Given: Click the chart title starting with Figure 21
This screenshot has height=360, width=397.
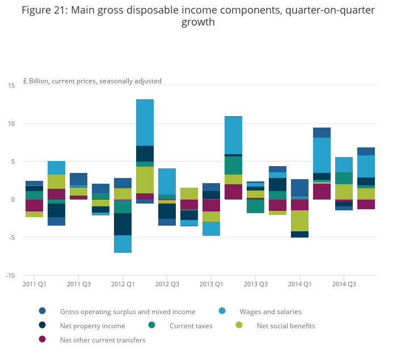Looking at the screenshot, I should pos(198,16).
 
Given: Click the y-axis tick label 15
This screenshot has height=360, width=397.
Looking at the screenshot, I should pos(11,85).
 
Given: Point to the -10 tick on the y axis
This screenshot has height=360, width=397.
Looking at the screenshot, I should pos(10,276).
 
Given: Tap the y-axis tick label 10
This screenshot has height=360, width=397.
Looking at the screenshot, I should pos(11,123).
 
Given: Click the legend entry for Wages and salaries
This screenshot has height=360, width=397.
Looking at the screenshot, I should pos(271,311).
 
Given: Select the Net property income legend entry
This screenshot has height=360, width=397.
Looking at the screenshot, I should pos(92,325).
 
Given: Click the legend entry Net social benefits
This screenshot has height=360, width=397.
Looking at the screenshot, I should pos(286,325).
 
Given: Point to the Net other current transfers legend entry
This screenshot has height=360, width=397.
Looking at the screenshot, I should pos(103,340).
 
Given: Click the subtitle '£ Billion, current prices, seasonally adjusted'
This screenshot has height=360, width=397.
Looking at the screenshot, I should pos(92,81).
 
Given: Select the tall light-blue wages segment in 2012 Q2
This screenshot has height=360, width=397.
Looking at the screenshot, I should pos(145,122).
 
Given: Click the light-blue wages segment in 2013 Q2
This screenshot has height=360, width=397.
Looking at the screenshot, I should pos(233,135).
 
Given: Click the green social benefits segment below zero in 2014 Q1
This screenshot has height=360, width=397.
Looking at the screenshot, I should pos(299,221).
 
